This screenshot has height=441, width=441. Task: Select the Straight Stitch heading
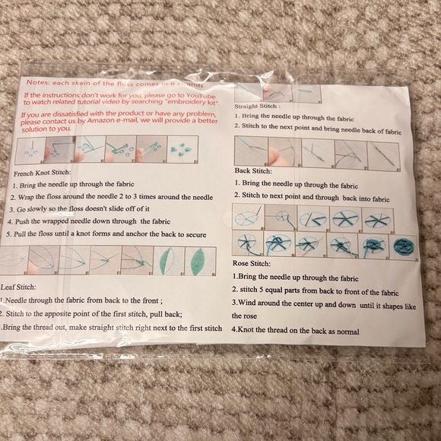[x=258, y=106]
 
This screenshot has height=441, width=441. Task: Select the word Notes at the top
[x=40, y=82]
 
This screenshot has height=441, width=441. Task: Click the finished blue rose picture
[x=401, y=247]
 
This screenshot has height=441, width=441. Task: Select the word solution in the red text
[x=36, y=129]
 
